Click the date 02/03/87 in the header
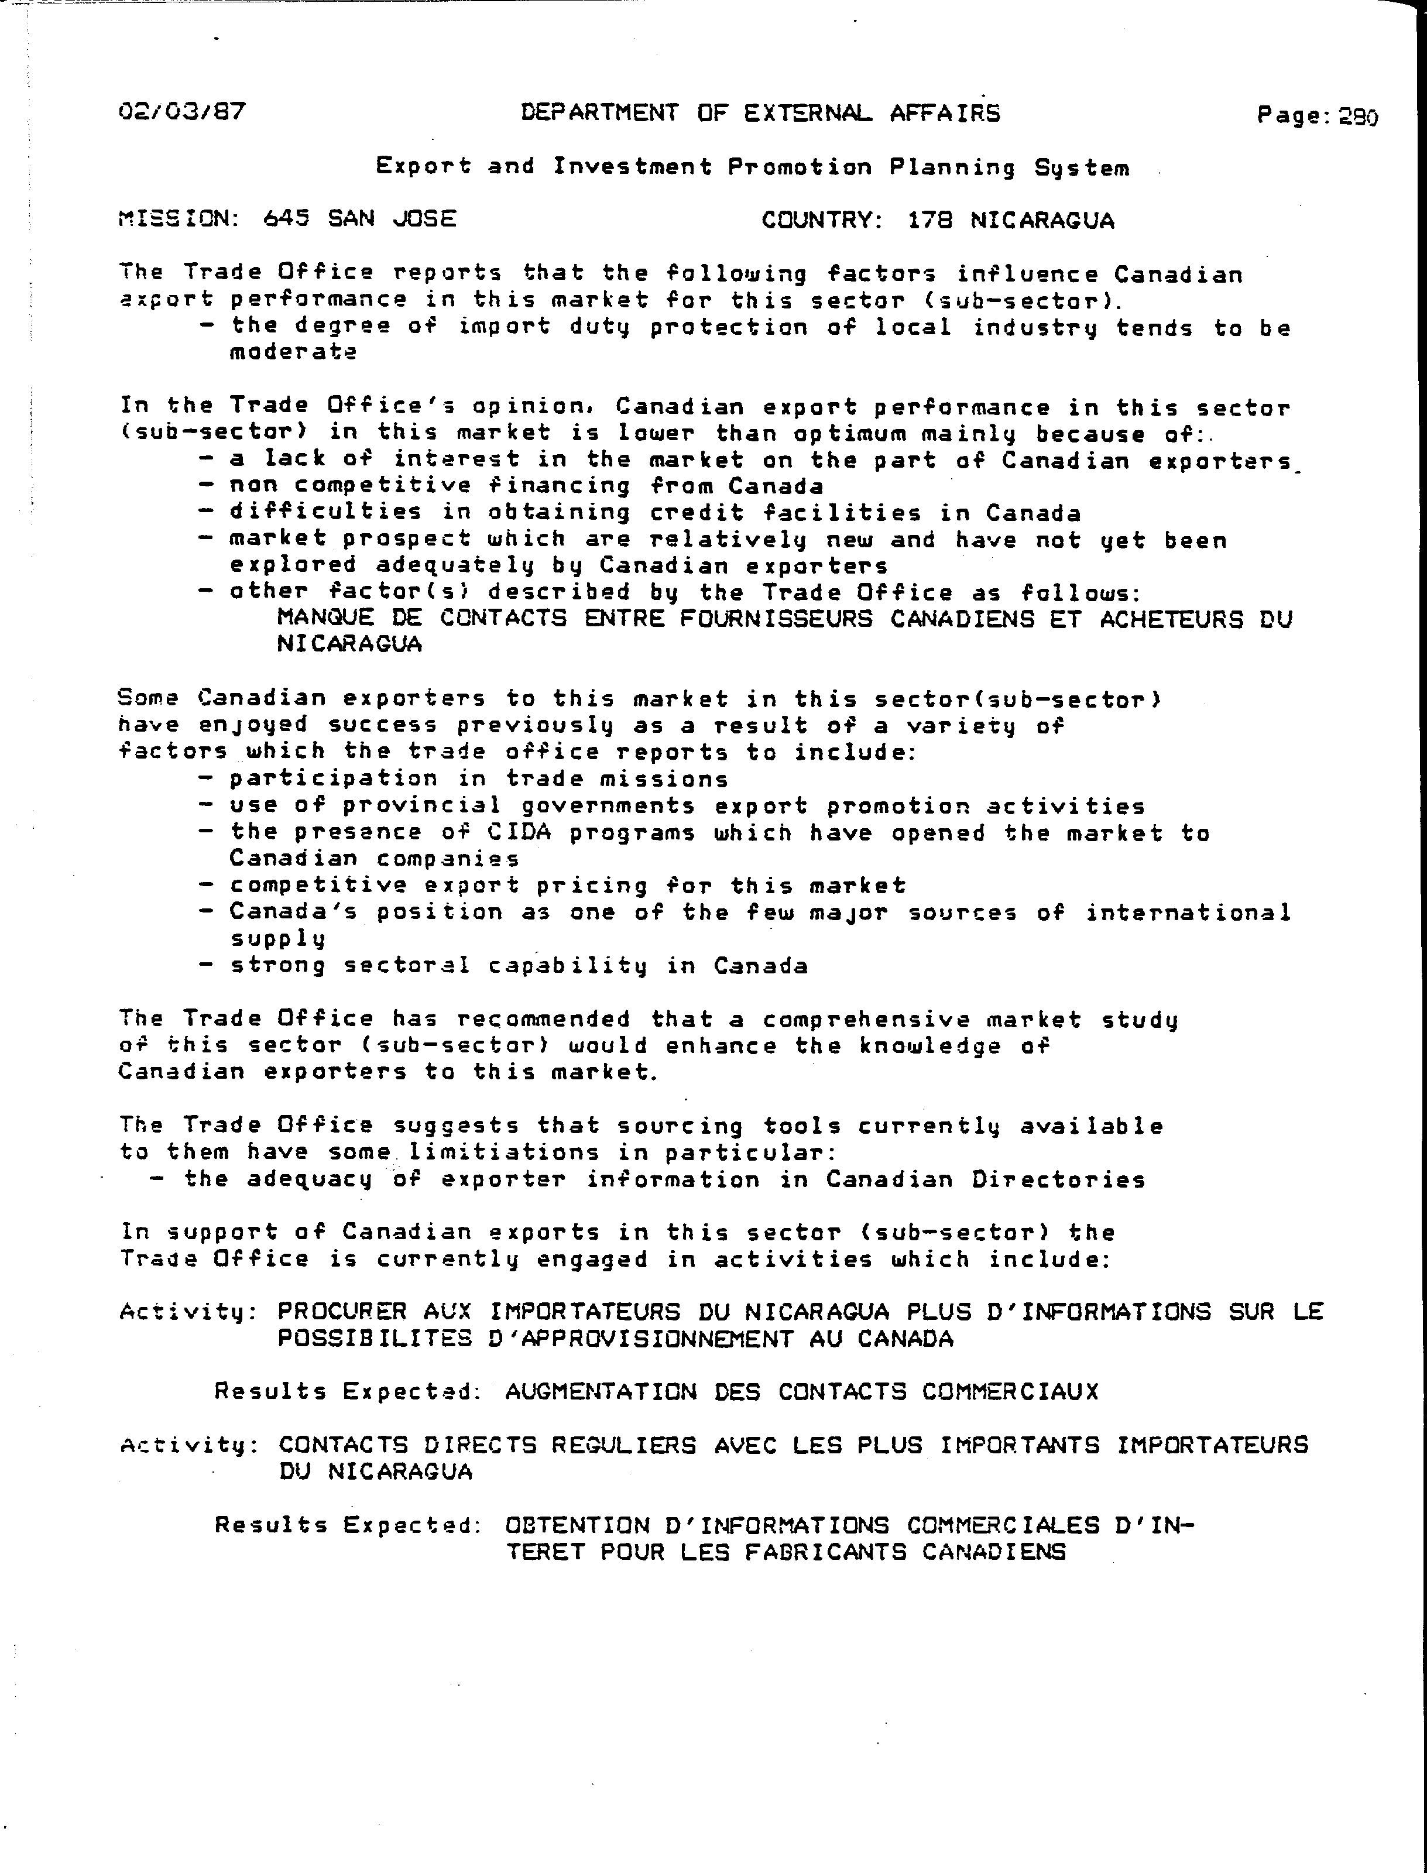pos(183,111)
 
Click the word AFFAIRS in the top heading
pos(945,113)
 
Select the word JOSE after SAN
pos(425,219)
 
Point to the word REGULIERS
pos(623,1445)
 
